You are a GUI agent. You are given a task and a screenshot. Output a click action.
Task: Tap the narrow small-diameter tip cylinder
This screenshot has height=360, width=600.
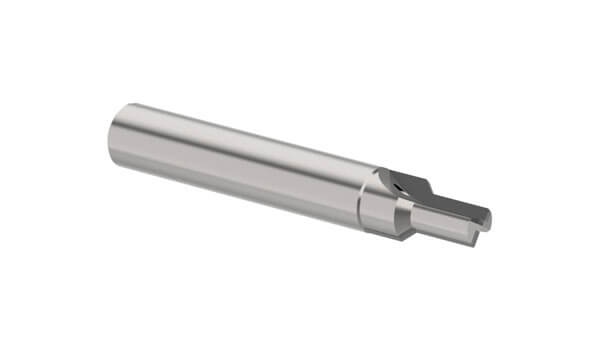(x=445, y=222)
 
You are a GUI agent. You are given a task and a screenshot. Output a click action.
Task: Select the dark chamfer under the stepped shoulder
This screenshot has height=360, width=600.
(x=405, y=232)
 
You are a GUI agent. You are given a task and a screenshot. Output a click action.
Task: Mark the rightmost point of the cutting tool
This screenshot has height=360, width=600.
(x=492, y=215)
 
